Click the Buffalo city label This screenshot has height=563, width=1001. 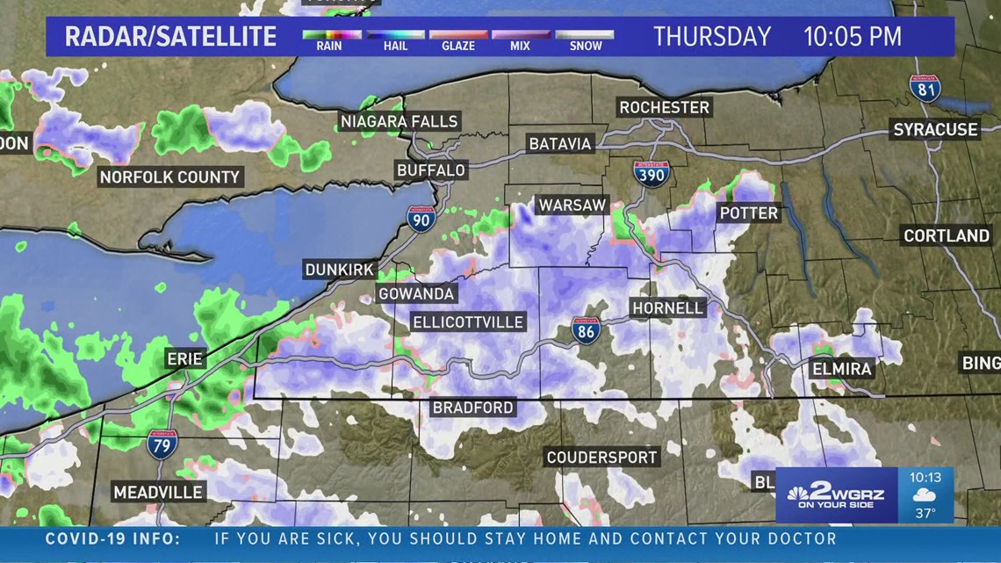pos(430,170)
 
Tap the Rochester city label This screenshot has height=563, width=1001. pos(664,107)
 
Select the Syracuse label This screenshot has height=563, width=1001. pos(935,129)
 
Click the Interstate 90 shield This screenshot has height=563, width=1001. pos(421,218)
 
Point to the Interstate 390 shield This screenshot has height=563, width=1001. pos(651,172)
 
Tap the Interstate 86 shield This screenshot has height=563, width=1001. pos(587,330)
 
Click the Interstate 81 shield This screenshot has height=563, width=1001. pos(925,88)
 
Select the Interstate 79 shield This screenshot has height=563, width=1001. pos(162,444)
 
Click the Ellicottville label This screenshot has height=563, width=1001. pos(468,322)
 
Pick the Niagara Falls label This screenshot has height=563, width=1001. pos(400,121)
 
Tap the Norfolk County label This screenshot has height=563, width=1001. pos(169,177)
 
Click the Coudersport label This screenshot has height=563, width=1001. pos(601,457)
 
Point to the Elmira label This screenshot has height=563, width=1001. pos(841,368)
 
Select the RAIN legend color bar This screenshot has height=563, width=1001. pos(330,35)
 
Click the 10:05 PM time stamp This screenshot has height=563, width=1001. pos(853,37)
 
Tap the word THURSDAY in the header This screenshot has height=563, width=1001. pos(712,37)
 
